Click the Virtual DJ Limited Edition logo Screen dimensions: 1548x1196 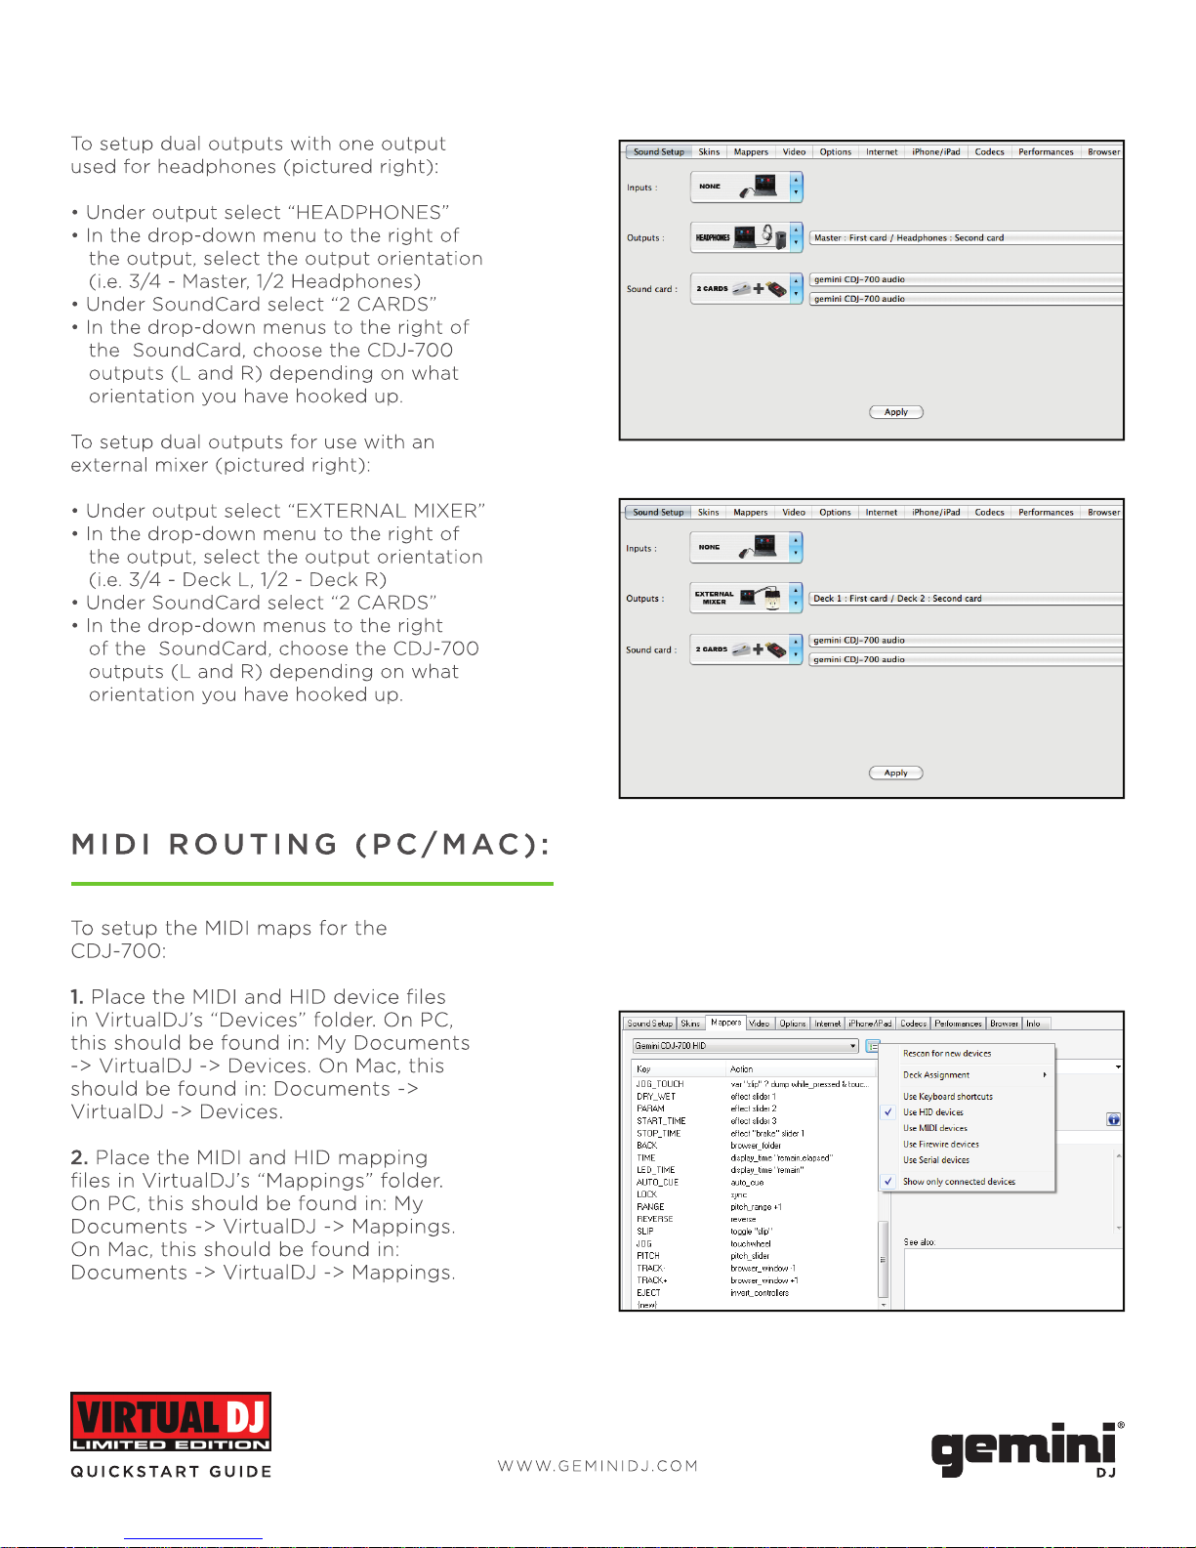click(171, 1421)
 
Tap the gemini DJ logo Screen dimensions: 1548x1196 click(1025, 1447)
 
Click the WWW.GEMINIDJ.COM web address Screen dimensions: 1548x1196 click(598, 1466)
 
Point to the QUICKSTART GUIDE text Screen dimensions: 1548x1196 click(171, 1472)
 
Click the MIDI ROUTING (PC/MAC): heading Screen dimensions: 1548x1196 click(311, 845)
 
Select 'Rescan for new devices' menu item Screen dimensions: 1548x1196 click(946, 1054)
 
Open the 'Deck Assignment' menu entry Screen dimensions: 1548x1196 click(935, 1074)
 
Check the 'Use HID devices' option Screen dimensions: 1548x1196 click(932, 1112)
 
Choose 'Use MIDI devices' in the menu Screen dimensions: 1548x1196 click(934, 1128)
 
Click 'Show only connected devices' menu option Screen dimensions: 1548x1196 click(958, 1182)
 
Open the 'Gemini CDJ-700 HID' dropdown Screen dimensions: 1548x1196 click(746, 1046)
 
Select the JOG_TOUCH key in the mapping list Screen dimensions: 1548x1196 click(660, 1084)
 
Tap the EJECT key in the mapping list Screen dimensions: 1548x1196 click(648, 1292)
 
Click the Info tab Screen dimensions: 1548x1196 click(1033, 1024)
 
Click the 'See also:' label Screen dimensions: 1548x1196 click(919, 1242)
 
